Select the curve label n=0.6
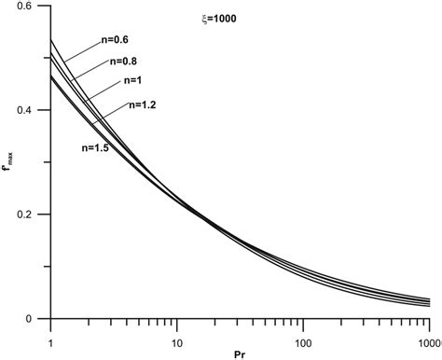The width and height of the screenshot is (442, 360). pyautogui.click(x=117, y=39)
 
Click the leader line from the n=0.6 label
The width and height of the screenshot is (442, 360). pyautogui.click(x=82, y=51)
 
